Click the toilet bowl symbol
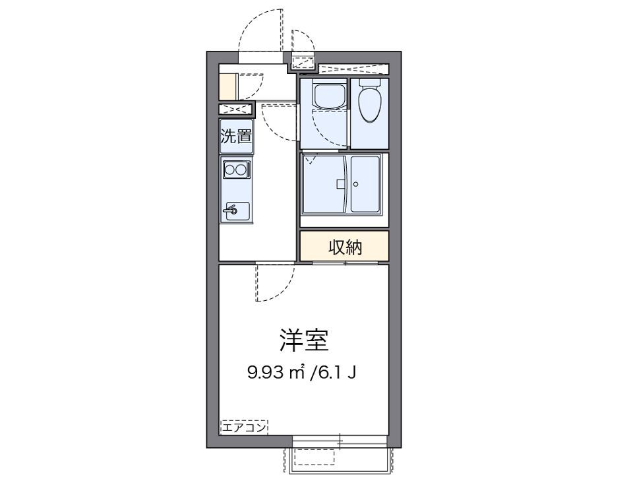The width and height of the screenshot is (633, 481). pos(370,102)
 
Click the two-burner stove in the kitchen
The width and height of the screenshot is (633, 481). pos(236,170)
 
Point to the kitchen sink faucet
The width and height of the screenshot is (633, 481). pos(231,211)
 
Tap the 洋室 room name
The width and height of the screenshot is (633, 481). pos(303,341)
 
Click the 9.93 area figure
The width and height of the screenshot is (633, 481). pos(266,372)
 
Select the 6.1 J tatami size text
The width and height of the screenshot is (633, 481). pos(336,372)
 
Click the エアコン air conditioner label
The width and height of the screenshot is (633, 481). pos(244,428)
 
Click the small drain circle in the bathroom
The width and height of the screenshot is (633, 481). pos(355,184)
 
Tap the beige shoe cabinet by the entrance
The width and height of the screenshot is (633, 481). pos(227,86)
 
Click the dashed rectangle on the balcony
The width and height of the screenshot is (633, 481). pos(314,457)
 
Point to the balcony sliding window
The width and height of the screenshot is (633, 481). pos(340,438)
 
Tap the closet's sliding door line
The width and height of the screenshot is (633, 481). pos(344,263)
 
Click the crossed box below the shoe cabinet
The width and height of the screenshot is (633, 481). pos(235,110)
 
